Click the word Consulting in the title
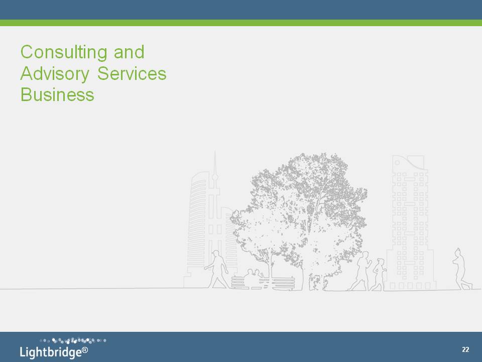64,52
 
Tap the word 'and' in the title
129,52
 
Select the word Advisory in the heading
55,74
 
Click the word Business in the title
57,95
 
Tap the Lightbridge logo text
51,352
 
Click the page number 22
465,349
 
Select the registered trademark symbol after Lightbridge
85,350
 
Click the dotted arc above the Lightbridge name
73,340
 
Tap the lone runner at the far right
461,269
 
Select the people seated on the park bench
254,276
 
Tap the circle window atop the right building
397,162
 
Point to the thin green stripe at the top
241,23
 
